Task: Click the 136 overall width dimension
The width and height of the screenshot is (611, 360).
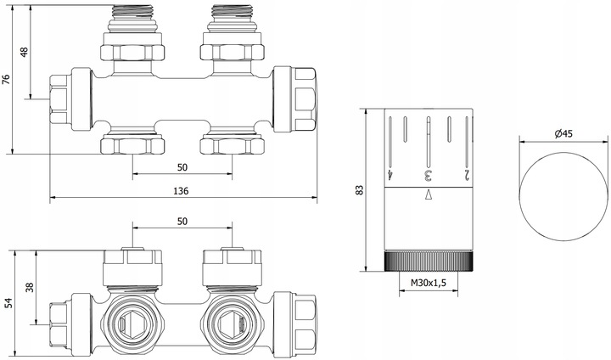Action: coord(181,192)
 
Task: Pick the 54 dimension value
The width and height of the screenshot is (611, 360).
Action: coord(7,303)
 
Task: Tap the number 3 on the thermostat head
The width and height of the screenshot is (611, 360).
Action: coord(428,175)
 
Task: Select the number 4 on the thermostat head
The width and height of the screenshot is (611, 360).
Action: coord(390,175)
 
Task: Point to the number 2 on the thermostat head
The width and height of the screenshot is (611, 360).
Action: coord(466,175)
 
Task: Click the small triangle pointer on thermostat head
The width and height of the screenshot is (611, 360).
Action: coord(428,195)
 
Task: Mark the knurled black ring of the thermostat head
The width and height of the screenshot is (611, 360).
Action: coord(428,260)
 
